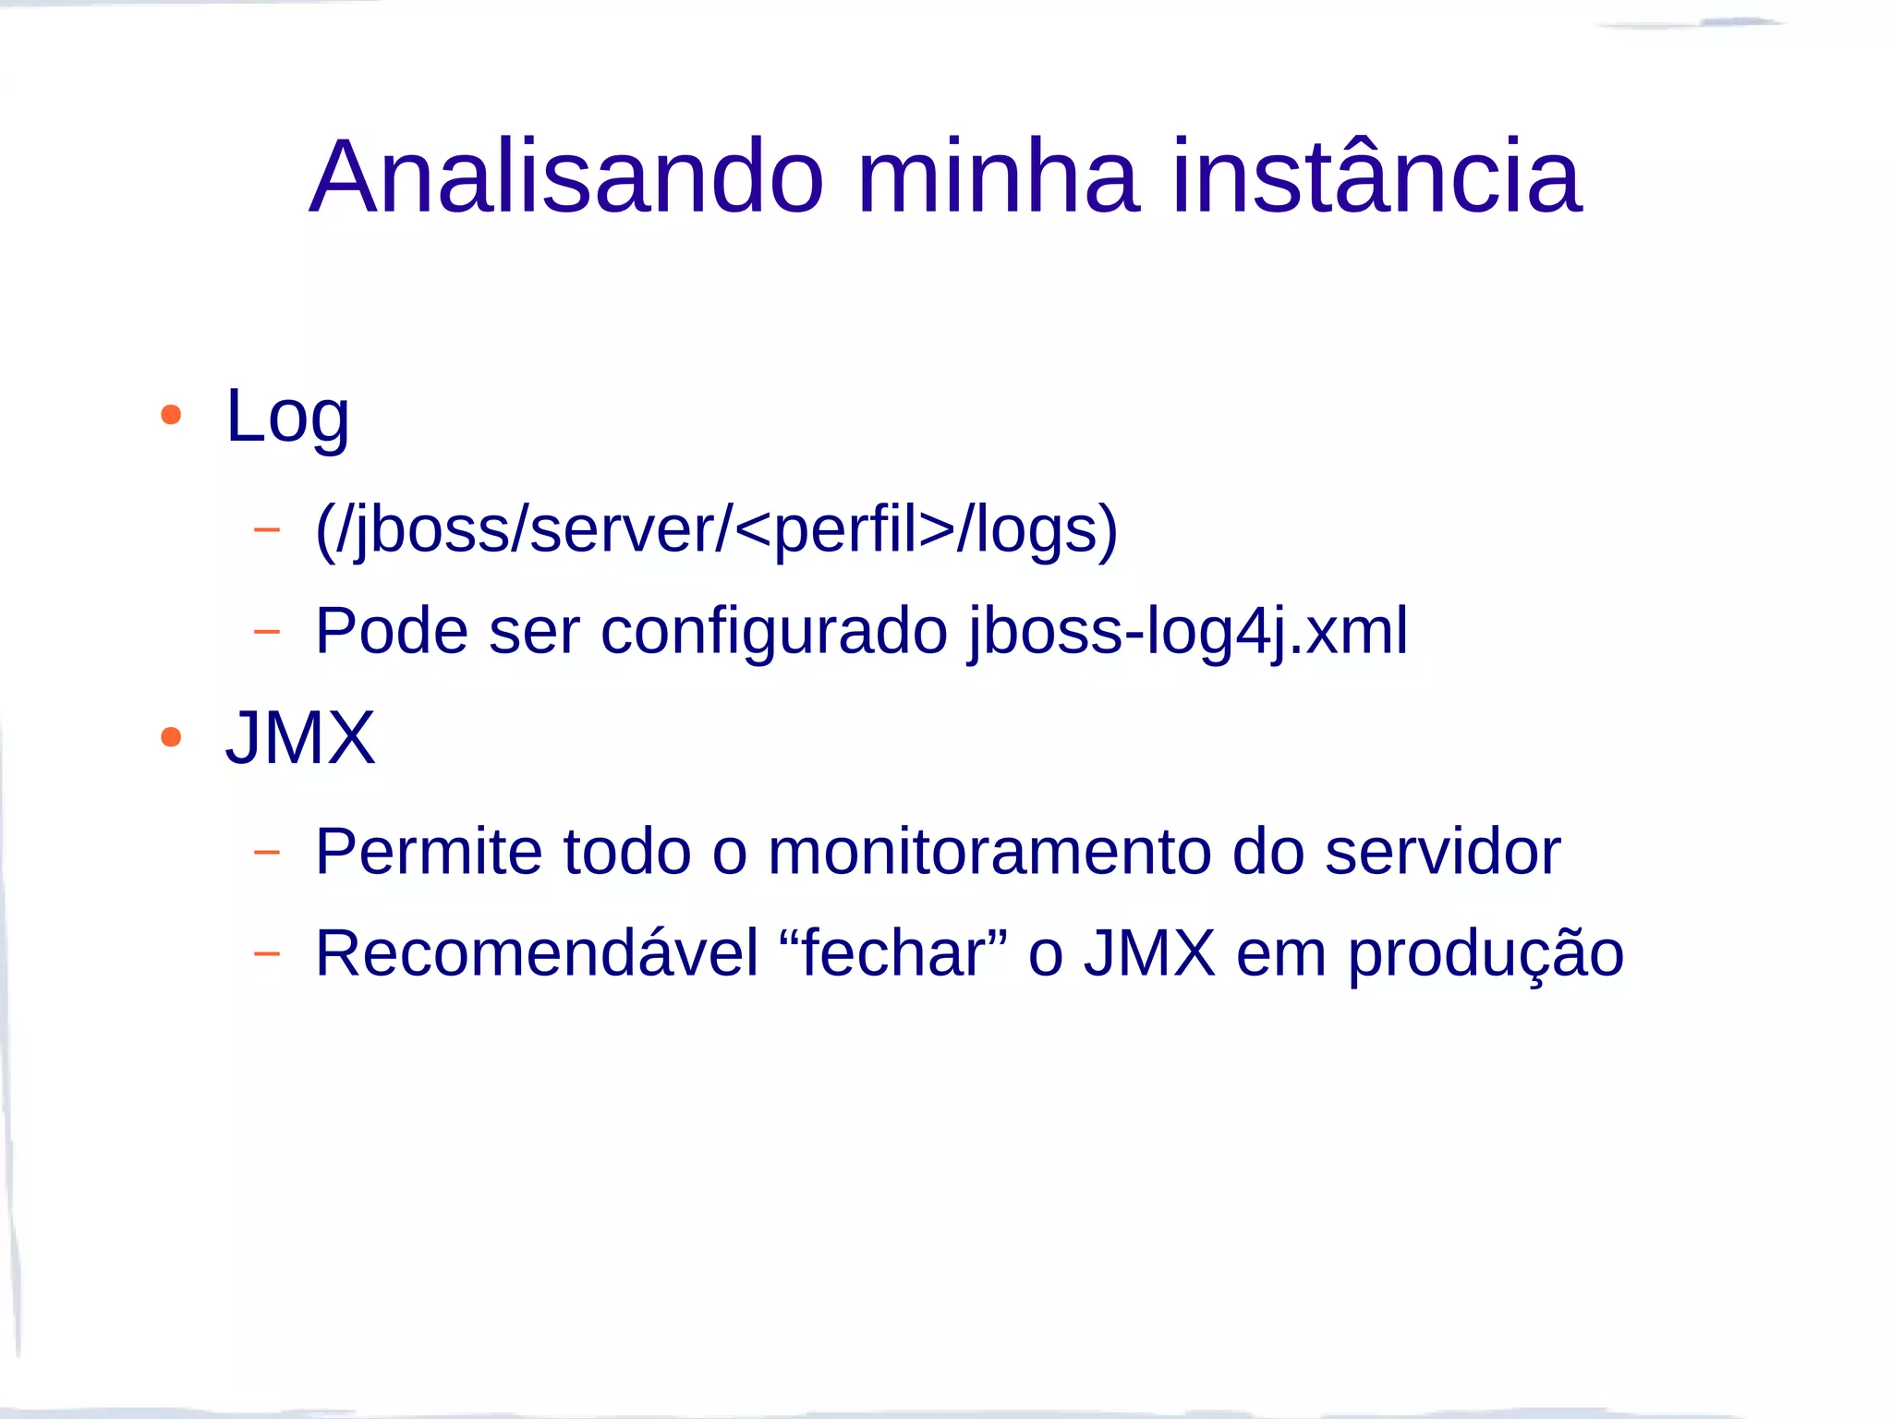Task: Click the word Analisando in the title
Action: (x=565, y=176)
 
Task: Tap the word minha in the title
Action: (x=997, y=176)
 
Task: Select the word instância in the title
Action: (x=1377, y=176)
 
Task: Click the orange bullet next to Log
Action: (x=171, y=415)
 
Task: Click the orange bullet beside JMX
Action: (x=171, y=737)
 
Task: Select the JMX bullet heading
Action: (x=300, y=738)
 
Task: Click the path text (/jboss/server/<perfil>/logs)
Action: (x=716, y=530)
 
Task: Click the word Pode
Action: (x=392, y=632)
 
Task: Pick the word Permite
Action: (x=429, y=851)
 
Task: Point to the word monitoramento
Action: (x=989, y=852)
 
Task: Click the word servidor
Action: (x=1442, y=852)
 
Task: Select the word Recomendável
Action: (x=536, y=953)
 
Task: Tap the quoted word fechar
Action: (x=892, y=953)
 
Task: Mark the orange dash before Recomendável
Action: (x=266, y=953)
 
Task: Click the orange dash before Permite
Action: (x=266, y=852)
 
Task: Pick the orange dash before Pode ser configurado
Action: (x=266, y=632)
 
